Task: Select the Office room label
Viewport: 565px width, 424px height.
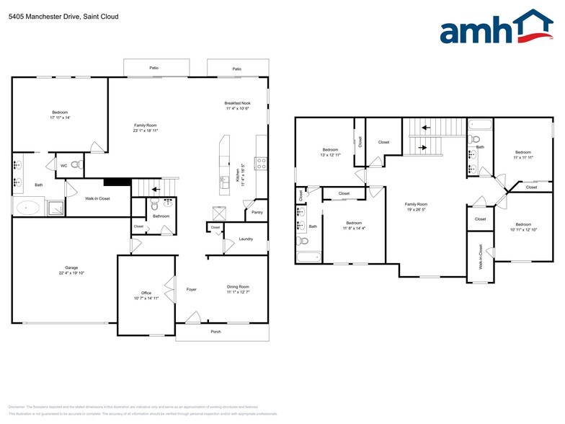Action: click(x=146, y=293)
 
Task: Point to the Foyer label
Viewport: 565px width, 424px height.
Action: click(x=192, y=289)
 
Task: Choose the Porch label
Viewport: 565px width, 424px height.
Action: click(x=216, y=332)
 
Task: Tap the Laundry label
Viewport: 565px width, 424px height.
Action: click(x=246, y=239)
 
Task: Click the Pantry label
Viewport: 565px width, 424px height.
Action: click(x=257, y=213)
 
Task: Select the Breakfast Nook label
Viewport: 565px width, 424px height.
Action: click(x=238, y=104)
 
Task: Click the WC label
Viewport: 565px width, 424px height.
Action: click(x=63, y=166)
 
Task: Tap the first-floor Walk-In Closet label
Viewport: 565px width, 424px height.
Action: click(x=97, y=198)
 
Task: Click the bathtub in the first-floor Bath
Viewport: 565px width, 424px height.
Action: click(x=29, y=208)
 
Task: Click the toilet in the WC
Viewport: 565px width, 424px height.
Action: click(x=78, y=165)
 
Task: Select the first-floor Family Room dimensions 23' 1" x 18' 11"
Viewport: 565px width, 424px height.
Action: click(x=146, y=131)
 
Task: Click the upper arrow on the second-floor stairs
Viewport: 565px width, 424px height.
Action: click(x=424, y=128)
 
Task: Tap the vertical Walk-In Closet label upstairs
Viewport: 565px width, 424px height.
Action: click(x=481, y=258)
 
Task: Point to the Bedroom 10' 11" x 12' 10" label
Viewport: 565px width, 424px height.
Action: click(x=523, y=229)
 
